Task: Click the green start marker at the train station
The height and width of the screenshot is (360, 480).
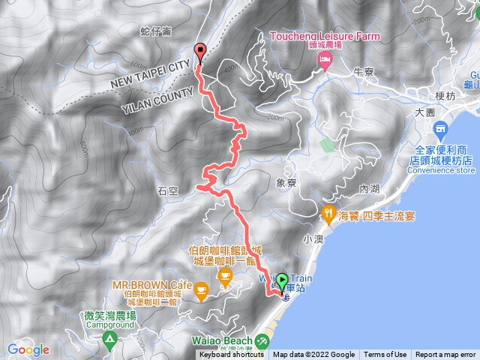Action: [x=283, y=282]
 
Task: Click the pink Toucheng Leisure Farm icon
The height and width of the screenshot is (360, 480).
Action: [x=325, y=63]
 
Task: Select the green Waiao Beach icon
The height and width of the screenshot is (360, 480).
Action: [x=262, y=341]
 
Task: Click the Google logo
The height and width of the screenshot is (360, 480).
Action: [x=28, y=349]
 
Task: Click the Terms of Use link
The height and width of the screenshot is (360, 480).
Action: [x=385, y=355]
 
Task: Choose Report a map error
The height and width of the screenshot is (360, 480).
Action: [x=446, y=355]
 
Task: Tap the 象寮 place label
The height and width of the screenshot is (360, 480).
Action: [x=286, y=182]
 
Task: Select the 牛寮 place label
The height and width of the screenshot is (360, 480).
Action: [x=364, y=71]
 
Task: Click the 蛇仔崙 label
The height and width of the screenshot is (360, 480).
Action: [x=156, y=32]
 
